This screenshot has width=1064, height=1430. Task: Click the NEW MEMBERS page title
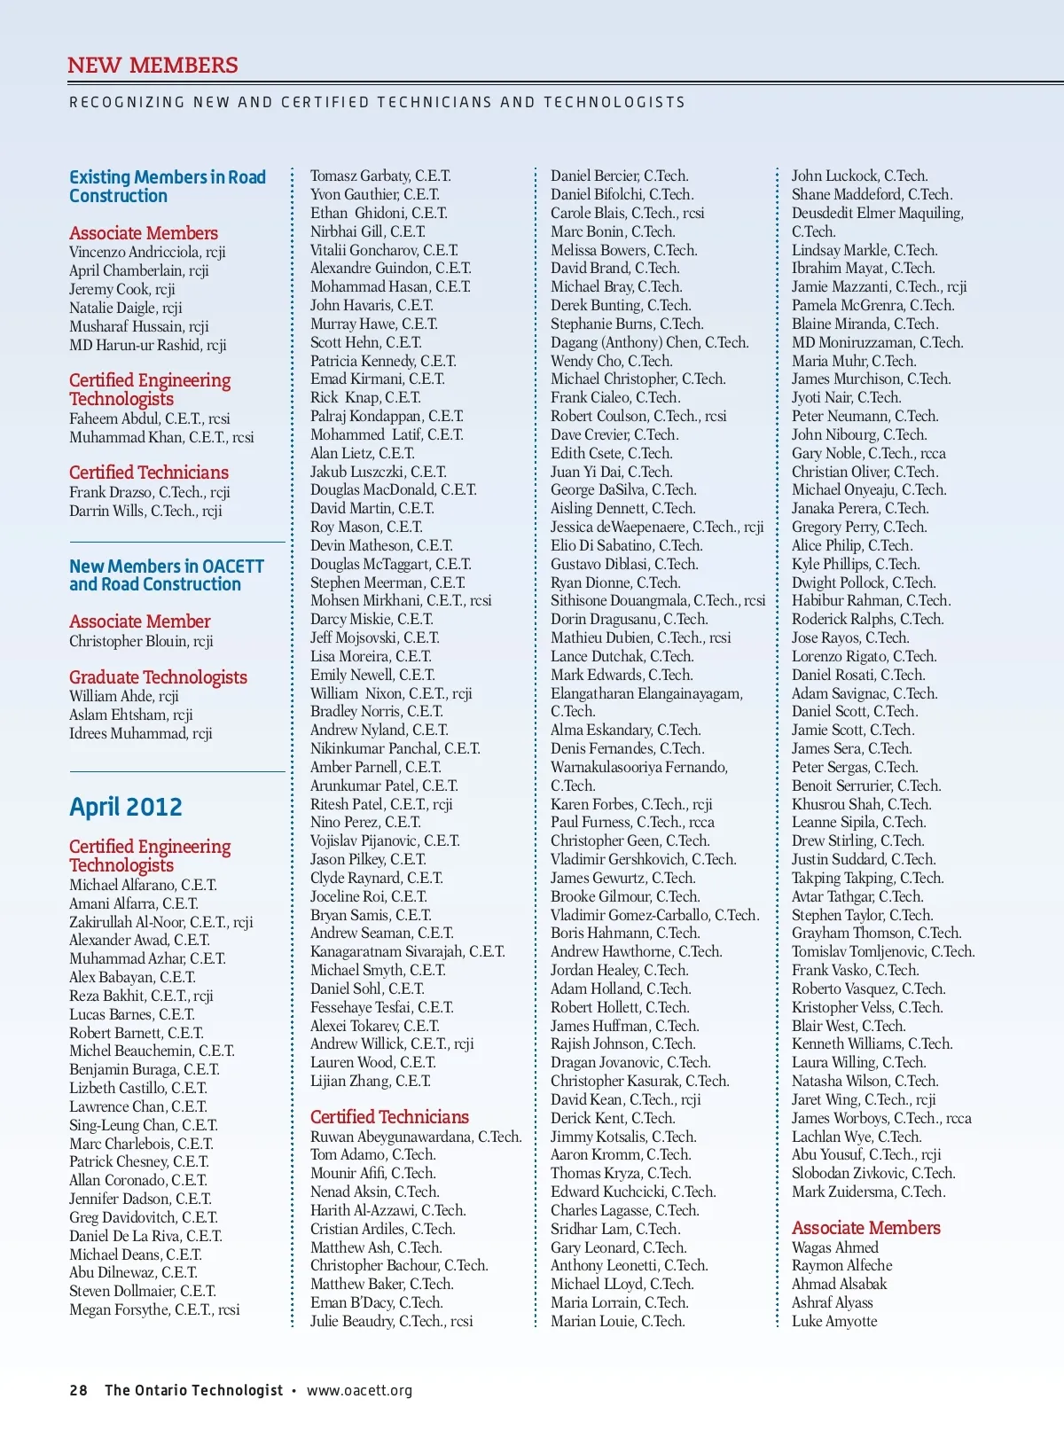[x=153, y=66]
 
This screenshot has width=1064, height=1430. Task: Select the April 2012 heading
[x=126, y=807]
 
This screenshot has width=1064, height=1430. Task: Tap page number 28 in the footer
[x=78, y=1390]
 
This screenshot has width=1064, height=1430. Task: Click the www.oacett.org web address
[x=359, y=1390]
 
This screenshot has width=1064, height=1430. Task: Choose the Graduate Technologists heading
[x=158, y=677]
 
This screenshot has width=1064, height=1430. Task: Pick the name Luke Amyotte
[x=834, y=1321]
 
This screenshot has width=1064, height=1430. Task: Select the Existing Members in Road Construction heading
[x=168, y=186]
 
